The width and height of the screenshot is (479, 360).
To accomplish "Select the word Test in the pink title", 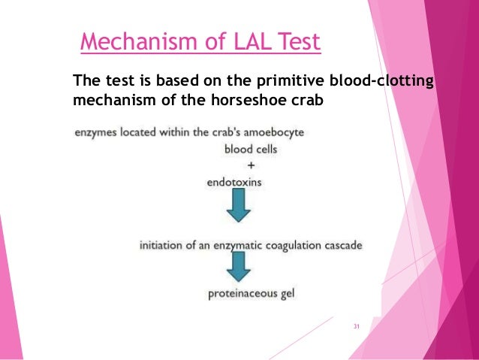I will coord(298,41).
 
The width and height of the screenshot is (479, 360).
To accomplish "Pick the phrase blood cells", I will coord(251,149).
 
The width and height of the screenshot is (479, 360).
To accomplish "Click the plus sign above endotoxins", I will coord(250,165).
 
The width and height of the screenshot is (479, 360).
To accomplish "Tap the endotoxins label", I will coord(235,181).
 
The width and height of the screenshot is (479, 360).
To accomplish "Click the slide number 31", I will coord(357,326).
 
